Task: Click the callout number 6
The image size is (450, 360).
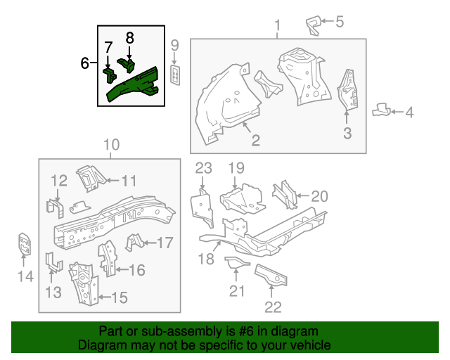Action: click(x=84, y=63)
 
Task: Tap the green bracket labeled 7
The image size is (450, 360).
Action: click(x=110, y=75)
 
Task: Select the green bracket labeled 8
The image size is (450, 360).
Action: click(x=127, y=65)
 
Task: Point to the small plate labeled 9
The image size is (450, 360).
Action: click(x=175, y=75)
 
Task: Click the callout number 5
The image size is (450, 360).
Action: click(x=340, y=22)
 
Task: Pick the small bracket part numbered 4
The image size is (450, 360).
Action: click(x=381, y=110)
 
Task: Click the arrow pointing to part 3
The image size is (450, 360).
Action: click(x=347, y=117)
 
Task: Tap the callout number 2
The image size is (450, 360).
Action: click(x=255, y=140)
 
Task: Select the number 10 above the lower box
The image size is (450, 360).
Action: click(x=111, y=145)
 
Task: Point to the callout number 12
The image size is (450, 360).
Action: click(x=59, y=181)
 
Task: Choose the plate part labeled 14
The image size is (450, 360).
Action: click(x=25, y=244)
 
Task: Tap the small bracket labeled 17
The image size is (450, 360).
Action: click(x=134, y=243)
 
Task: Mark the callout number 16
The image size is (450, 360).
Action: click(x=137, y=270)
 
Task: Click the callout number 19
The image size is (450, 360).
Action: click(x=236, y=168)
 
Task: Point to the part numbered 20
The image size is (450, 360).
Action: click(x=285, y=195)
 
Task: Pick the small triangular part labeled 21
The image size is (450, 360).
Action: click(x=236, y=262)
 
